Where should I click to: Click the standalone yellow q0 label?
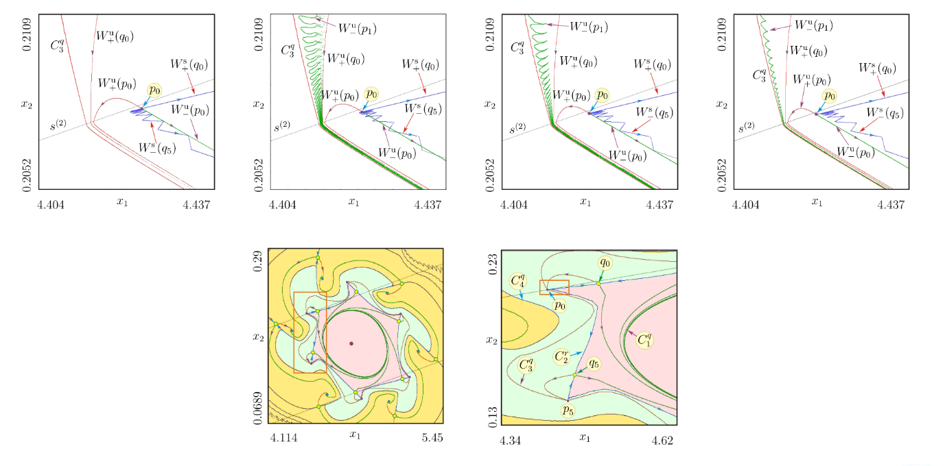point(605,262)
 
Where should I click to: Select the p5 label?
point(566,410)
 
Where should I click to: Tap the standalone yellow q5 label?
point(594,364)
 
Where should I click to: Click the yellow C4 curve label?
point(519,280)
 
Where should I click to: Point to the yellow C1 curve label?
point(645,339)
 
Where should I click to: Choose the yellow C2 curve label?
point(562,356)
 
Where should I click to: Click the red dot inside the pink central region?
point(351,343)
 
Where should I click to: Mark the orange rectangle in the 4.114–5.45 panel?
point(310,332)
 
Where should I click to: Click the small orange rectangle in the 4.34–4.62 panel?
point(554,287)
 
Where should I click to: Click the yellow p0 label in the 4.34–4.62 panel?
point(560,306)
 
